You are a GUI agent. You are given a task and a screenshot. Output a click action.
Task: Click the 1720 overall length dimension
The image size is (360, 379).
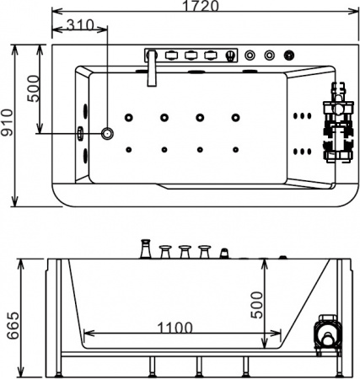point(201,6)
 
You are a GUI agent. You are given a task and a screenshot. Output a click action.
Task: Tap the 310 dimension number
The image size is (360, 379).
point(80,25)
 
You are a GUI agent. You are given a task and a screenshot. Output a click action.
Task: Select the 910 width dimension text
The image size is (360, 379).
point(7,122)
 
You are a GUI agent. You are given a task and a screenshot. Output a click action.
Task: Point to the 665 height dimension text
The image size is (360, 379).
point(13,325)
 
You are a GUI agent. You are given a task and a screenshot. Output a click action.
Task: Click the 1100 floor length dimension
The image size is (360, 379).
point(175,328)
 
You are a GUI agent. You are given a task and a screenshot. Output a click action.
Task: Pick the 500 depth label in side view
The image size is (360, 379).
point(256,305)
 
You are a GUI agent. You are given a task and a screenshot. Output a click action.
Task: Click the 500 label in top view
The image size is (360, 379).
point(33,88)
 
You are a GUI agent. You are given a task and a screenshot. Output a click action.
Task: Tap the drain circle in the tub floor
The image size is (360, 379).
point(107,133)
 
